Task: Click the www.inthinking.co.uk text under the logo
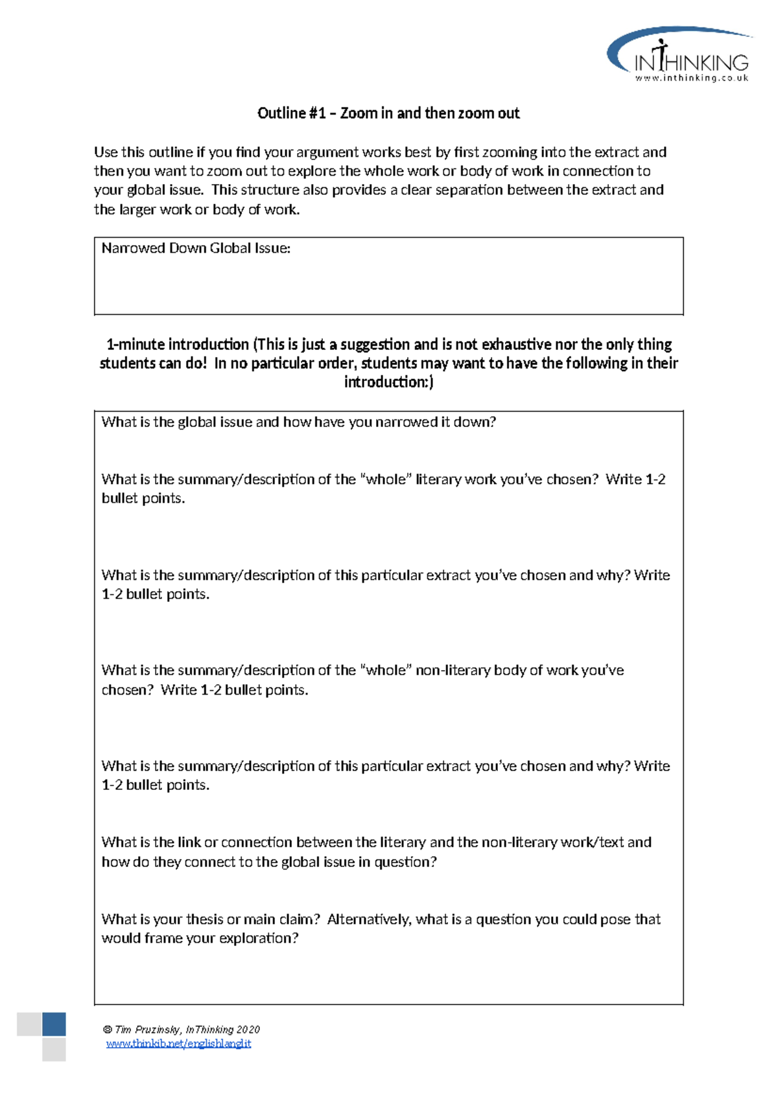point(691,78)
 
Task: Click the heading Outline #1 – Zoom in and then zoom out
point(388,113)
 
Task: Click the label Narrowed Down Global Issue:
point(196,248)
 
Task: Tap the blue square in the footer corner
point(54,1024)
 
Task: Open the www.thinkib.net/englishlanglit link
point(178,1043)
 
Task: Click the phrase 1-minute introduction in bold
point(178,344)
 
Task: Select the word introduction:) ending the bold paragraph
point(388,382)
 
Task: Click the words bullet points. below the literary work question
point(143,499)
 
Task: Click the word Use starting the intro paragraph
point(106,152)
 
